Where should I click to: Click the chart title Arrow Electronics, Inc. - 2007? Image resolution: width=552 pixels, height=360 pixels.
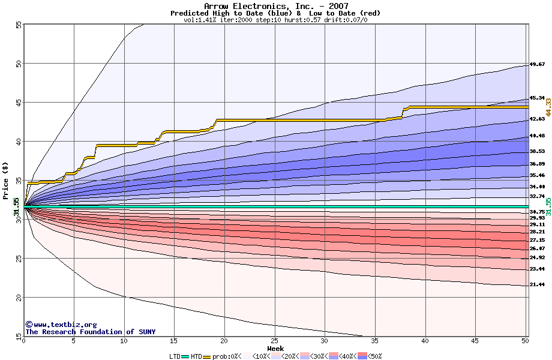[x=275, y=6]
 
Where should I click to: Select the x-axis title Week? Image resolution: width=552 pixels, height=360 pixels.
[x=275, y=348]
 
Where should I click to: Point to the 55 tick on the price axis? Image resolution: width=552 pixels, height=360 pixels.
[x=18, y=25]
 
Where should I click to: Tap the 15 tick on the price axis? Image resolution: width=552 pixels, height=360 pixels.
[x=18, y=337]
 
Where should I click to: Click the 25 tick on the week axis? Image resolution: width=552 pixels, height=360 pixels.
[x=274, y=341]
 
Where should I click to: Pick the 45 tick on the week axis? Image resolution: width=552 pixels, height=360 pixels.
[x=475, y=341]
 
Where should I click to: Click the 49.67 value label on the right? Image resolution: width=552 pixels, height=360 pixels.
[x=537, y=64]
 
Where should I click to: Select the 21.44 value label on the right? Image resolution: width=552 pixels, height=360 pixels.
[x=537, y=285]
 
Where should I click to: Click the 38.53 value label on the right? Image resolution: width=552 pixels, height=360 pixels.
[x=537, y=151]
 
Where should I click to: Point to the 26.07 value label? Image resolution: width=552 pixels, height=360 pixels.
[x=537, y=248]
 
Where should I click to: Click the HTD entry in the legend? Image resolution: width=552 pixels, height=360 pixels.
[x=196, y=356]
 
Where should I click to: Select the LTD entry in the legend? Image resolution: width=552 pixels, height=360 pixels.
[x=176, y=356]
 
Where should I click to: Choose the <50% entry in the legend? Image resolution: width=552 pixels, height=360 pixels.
[x=374, y=356]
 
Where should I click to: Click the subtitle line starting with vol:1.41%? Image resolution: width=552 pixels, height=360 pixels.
[x=275, y=20]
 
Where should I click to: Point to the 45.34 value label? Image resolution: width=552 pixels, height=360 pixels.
[x=537, y=98]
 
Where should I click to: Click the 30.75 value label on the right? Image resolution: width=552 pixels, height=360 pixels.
[x=537, y=212]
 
